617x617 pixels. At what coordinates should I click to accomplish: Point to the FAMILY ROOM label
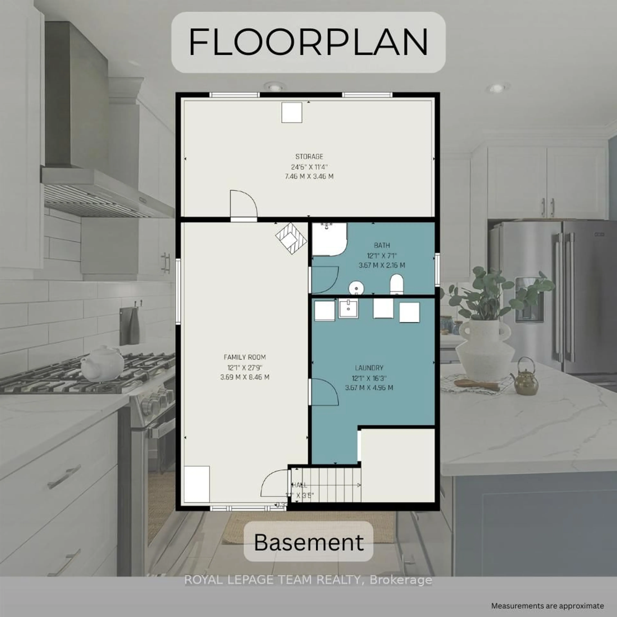pyautogui.click(x=245, y=357)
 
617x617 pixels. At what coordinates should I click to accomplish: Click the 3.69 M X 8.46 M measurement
pyautogui.click(x=245, y=377)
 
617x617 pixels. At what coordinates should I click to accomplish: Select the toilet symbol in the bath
pyautogui.click(x=397, y=284)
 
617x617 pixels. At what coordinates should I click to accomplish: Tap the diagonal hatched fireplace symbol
pyautogui.click(x=291, y=238)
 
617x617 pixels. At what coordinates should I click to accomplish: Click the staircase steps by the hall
pyautogui.click(x=329, y=485)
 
